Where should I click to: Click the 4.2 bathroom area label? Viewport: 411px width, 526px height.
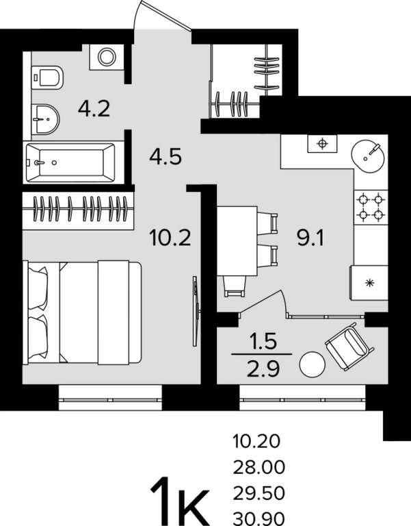tap(94, 108)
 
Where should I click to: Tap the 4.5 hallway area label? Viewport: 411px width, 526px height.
tap(165, 156)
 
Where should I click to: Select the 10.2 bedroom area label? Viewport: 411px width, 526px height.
tap(170, 238)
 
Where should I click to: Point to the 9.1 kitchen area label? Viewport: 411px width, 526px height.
tap(310, 238)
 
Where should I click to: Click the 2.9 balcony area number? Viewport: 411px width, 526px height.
tap(263, 368)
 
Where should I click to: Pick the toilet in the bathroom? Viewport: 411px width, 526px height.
tap(47, 77)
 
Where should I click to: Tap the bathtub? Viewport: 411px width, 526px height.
tap(70, 163)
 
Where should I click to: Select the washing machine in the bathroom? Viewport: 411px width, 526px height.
tap(107, 57)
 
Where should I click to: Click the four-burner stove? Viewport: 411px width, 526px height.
tap(371, 208)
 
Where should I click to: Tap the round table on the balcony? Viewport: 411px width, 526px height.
tap(313, 364)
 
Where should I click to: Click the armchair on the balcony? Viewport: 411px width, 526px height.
tap(349, 346)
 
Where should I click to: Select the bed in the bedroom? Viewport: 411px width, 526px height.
tap(82, 312)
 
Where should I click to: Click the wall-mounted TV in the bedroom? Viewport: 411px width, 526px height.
tap(196, 311)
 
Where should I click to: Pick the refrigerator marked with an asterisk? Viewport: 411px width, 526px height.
tap(369, 282)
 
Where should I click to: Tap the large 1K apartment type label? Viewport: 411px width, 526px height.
tap(181, 501)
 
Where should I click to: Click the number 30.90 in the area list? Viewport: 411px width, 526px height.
tap(259, 519)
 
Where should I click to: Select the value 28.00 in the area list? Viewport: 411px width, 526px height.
tap(259, 467)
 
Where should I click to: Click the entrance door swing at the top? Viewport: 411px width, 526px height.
tap(161, 15)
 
